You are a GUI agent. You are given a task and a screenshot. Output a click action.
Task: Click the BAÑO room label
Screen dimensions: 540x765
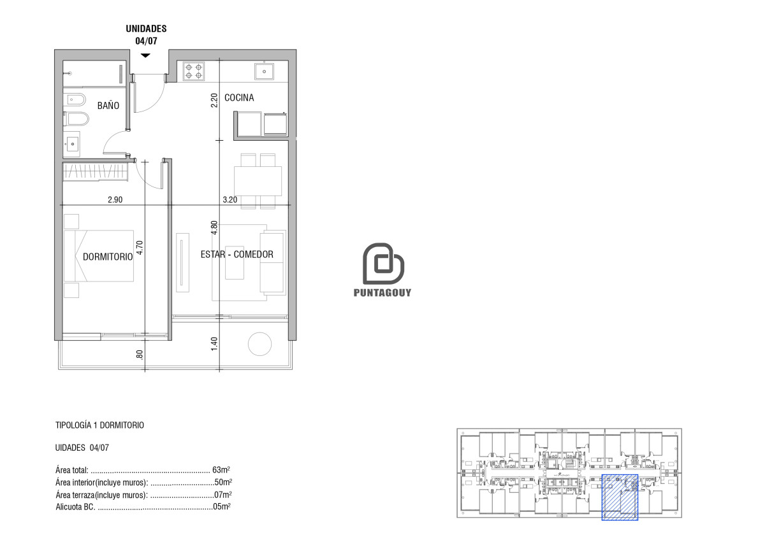coord(108,106)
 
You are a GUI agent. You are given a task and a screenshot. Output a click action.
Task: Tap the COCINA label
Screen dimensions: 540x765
coord(239,97)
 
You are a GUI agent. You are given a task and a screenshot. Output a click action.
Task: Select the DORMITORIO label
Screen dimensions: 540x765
coord(107,257)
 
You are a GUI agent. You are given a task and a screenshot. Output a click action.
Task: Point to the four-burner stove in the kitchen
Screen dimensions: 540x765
coord(194,71)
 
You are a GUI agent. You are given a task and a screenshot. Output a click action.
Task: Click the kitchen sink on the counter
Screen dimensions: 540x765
coord(264,71)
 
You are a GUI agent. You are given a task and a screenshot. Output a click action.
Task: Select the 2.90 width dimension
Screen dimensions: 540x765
coord(115,199)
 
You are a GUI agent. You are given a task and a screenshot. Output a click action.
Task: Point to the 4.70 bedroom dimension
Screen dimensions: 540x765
coord(140,247)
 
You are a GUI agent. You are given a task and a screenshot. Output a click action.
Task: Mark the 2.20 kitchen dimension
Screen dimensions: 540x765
coord(214,101)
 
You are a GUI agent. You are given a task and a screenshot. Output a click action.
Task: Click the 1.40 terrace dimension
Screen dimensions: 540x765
coord(214,343)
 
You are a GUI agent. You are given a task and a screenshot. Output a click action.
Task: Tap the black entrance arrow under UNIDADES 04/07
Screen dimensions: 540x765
coord(145,55)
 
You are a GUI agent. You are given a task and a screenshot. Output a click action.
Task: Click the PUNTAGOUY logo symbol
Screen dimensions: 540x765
coord(382,264)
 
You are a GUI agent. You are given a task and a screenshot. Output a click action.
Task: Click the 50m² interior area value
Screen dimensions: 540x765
coord(223,482)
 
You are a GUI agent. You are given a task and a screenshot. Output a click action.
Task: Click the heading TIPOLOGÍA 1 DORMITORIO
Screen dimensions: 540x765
coord(100,425)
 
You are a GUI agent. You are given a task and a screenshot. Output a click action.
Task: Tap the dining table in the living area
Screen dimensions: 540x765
coord(258,181)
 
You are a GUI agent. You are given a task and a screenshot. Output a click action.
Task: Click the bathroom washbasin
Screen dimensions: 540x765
coord(72,143)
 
